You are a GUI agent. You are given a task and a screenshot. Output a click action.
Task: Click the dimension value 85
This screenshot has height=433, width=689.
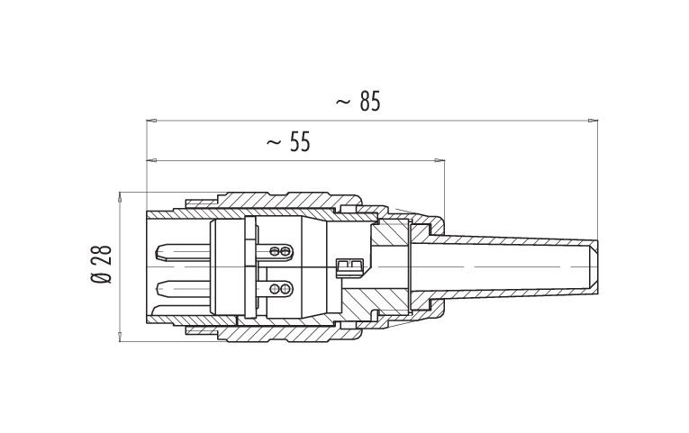click(x=370, y=102)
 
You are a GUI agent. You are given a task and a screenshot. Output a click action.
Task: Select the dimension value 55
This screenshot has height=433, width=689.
click(x=300, y=142)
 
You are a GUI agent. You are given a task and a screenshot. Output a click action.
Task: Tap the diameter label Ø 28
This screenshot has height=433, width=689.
click(x=102, y=265)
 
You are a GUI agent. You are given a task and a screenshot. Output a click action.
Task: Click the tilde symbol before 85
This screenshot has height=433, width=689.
click(x=343, y=103)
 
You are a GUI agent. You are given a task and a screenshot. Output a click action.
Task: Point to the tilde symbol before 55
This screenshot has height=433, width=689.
click(x=273, y=142)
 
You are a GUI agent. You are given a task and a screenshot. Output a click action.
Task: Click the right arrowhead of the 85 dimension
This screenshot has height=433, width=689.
click(x=594, y=121)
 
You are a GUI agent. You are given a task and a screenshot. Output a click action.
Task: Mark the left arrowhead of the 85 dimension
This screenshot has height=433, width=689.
click(x=151, y=121)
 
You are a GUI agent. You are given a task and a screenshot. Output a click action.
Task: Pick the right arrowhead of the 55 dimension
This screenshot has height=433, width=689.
click(x=440, y=161)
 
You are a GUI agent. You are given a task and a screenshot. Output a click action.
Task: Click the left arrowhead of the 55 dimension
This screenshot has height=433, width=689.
click(x=151, y=161)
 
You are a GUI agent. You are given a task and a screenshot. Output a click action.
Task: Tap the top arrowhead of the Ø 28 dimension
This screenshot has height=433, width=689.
click(x=120, y=197)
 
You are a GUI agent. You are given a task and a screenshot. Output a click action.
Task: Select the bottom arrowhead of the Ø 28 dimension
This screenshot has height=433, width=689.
click(x=120, y=337)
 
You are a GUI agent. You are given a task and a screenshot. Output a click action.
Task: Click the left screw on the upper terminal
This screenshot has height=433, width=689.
click(x=275, y=251)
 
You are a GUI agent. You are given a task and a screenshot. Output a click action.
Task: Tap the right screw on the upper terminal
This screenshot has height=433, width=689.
click(x=286, y=251)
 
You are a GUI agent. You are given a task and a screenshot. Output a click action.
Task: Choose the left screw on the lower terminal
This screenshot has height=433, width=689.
click(x=275, y=289)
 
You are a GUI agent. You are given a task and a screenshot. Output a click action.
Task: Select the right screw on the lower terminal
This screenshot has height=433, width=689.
click(x=286, y=289)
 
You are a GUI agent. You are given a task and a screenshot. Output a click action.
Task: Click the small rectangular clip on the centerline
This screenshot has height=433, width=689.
click(x=349, y=267)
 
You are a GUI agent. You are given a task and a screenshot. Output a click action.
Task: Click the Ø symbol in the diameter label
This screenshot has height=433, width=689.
click(x=102, y=278)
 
